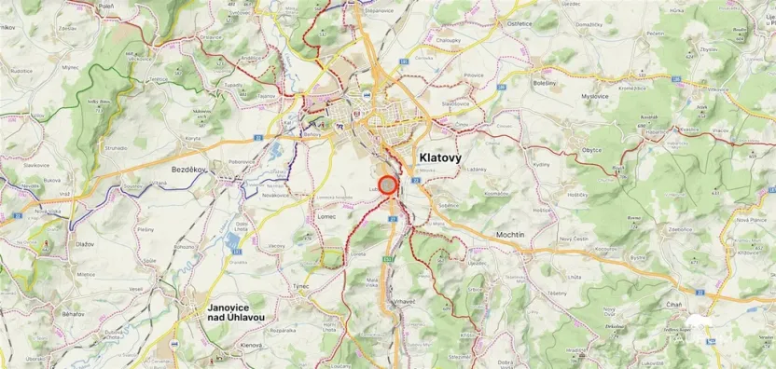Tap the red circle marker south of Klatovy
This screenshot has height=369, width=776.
coord(389,184)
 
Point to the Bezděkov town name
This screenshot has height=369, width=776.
coord(169,171)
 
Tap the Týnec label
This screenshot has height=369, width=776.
coord(300,286)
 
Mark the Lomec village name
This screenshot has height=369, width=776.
coord(326,216)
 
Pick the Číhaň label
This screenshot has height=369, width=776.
coord(673,304)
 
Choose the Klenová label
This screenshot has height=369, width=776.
coord(250,345)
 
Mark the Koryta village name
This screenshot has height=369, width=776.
coord(193,137)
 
